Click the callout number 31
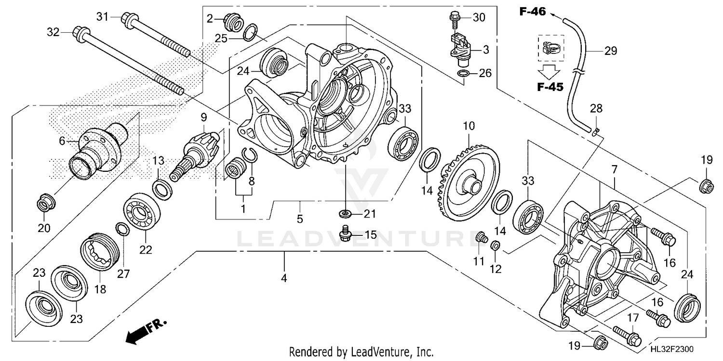pos(102,17)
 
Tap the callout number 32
pos(53,33)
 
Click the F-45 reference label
pos(549,87)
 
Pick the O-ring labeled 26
pos(463,74)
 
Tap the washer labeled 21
pos(345,213)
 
